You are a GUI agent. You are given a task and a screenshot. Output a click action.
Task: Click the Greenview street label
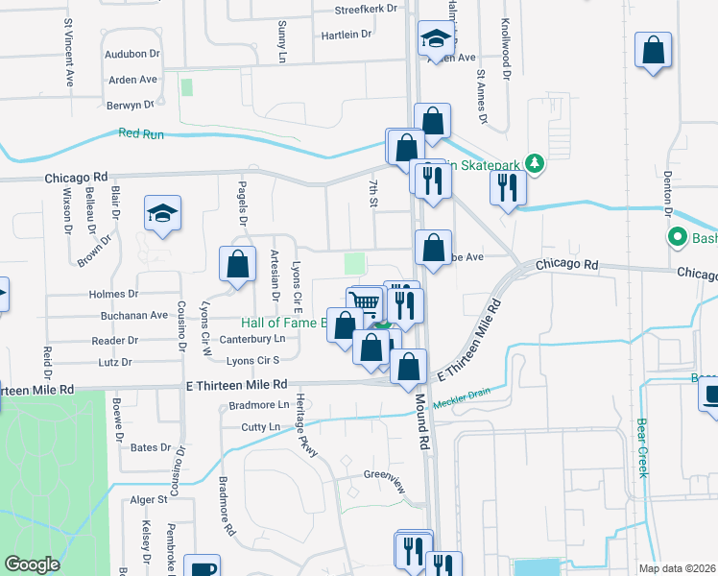(x=387, y=475)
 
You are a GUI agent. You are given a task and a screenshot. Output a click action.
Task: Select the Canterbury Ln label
(x=252, y=339)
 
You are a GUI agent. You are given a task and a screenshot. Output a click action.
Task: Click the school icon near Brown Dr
(x=163, y=215)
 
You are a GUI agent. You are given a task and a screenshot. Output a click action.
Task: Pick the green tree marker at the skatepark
(x=534, y=165)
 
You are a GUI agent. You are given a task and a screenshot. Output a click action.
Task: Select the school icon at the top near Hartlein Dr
(x=435, y=40)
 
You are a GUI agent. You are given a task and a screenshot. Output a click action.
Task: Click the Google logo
(x=33, y=564)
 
